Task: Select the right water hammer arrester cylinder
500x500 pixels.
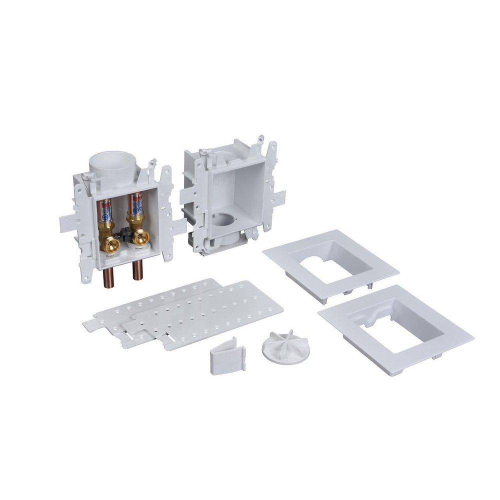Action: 135,210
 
